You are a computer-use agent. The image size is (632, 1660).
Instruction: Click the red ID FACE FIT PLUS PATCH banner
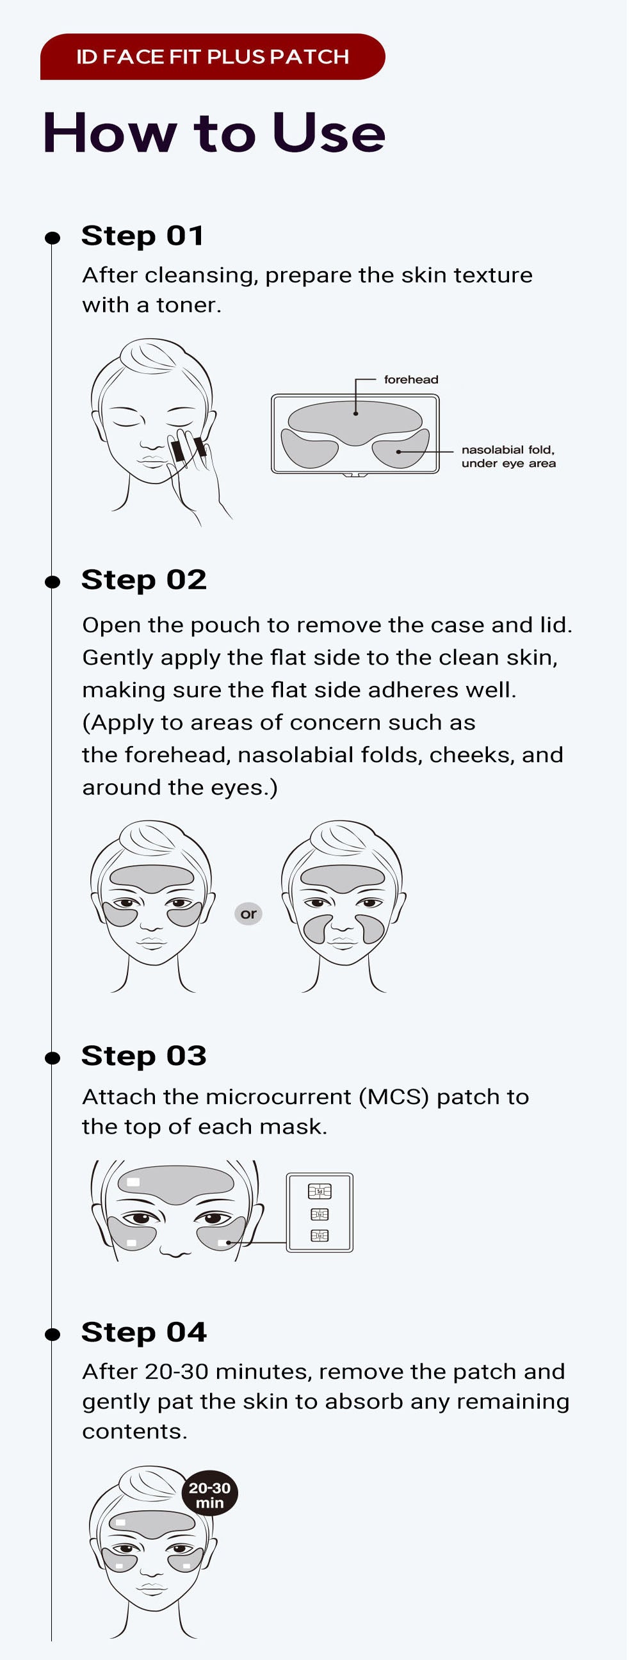[x=212, y=57]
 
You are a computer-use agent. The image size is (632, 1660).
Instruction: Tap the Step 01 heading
[x=142, y=235]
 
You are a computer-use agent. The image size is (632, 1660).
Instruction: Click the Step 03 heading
[x=143, y=1055]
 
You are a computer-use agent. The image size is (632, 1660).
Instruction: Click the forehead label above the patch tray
[x=410, y=380]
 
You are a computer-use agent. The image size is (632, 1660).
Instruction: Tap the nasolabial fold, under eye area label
[x=508, y=456]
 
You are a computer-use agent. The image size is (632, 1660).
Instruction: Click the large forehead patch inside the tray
[x=354, y=422]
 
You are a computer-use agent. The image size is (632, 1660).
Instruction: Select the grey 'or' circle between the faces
[x=248, y=913]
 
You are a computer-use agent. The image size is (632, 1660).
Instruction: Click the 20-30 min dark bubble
[x=209, y=1494]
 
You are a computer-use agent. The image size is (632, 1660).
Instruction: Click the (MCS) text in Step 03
[x=393, y=1097]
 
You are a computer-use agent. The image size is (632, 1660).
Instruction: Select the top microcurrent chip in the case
[x=320, y=1191]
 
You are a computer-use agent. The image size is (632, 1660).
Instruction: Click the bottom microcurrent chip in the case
[x=320, y=1235]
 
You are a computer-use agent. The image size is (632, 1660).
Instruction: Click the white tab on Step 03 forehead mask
[x=133, y=1181]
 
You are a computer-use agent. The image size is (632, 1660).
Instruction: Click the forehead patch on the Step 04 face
[x=152, y=1524]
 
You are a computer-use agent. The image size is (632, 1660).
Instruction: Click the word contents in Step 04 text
[x=134, y=1431]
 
